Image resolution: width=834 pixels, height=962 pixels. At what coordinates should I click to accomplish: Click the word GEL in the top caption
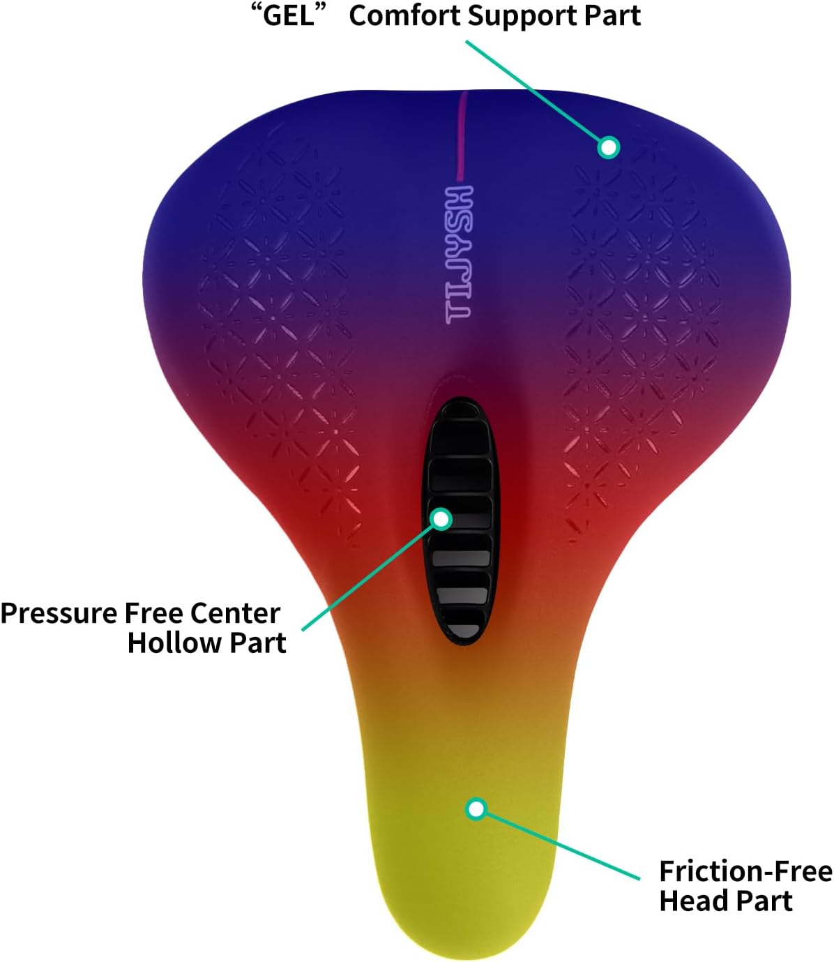tap(288, 16)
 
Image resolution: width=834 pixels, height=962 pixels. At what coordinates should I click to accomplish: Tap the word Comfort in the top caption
tap(404, 16)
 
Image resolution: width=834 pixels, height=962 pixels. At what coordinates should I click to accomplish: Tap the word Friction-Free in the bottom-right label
tap(745, 871)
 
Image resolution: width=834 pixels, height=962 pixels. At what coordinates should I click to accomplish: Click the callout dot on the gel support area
tap(608, 148)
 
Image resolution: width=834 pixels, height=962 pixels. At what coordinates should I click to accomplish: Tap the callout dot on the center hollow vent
tap(441, 519)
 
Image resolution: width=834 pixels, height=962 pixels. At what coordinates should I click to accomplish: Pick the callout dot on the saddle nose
tap(476, 809)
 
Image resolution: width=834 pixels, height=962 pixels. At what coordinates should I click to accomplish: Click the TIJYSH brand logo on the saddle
tap(459, 255)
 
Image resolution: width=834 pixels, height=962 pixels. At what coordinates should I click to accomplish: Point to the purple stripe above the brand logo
tap(462, 135)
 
